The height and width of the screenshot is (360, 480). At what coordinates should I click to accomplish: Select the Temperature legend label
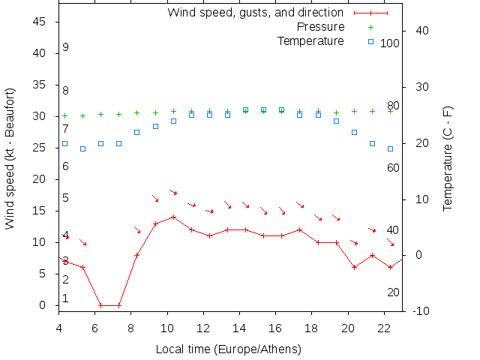click(310, 40)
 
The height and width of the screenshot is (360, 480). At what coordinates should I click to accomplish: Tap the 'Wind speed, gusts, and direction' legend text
click(255, 13)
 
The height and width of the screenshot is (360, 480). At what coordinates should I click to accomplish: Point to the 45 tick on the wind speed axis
click(40, 22)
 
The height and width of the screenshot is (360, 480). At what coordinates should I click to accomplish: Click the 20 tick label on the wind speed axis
click(40, 179)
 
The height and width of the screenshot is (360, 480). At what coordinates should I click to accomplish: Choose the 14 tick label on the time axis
click(240, 327)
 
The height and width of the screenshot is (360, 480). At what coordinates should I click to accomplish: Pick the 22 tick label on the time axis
click(384, 327)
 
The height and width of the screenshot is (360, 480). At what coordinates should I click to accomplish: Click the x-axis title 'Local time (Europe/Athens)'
click(228, 349)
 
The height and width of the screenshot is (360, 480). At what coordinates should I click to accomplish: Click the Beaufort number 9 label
click(66, 47)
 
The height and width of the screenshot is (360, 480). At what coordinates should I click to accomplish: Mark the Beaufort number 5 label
click(66, 198)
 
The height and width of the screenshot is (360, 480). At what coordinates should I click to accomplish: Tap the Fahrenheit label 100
click(390, 43)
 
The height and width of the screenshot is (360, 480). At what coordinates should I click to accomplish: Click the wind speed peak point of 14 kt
click(173, 217)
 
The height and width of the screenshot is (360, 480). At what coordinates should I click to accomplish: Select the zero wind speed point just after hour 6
click(100, 305)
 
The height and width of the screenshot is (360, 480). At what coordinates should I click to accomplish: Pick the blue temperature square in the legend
click(370, 41)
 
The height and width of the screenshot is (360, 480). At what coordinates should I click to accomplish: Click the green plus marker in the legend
click(370, 27)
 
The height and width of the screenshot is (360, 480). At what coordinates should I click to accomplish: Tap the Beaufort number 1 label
click(66, 298)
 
